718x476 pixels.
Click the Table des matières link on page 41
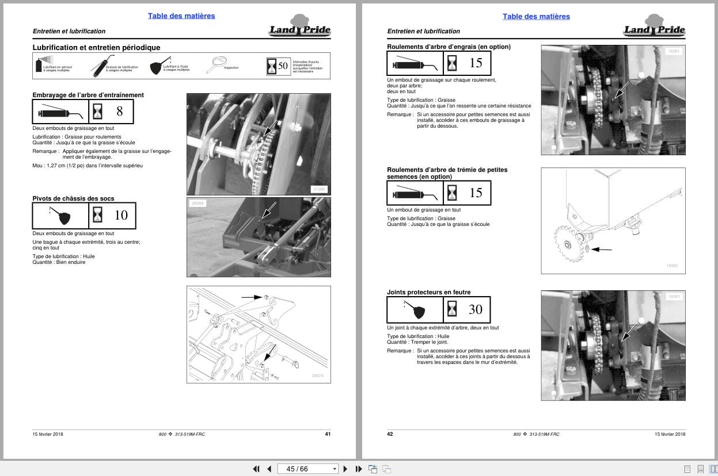(x=181, y=16)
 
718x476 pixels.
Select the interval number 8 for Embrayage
(x=120, y=111)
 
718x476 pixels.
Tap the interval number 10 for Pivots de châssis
(x=121, y=215)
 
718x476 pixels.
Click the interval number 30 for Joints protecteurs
(x=475, y=309)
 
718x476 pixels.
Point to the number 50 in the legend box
(x=283, y=66)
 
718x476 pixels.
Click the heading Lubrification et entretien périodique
(x=96, y=48)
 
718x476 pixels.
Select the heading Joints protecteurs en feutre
(x=428, y=292)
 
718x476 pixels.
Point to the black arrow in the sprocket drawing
(x=602, y=249)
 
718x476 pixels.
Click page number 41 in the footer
(x=328, y=434)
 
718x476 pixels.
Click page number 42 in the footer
(x=390, y=434)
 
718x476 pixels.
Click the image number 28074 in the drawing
(x=317, y=375)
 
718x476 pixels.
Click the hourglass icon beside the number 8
(x=97, y=112)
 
